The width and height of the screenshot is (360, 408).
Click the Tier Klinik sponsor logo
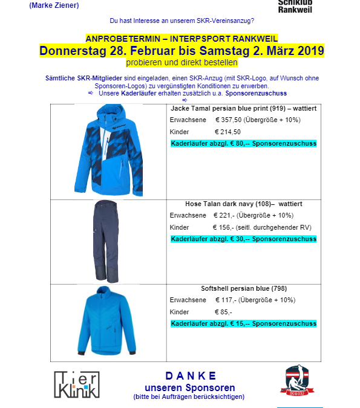76,384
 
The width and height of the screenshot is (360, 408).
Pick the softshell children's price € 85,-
223,312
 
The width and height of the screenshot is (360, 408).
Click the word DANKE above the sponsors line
191,376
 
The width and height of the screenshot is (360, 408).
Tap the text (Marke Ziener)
54,5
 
